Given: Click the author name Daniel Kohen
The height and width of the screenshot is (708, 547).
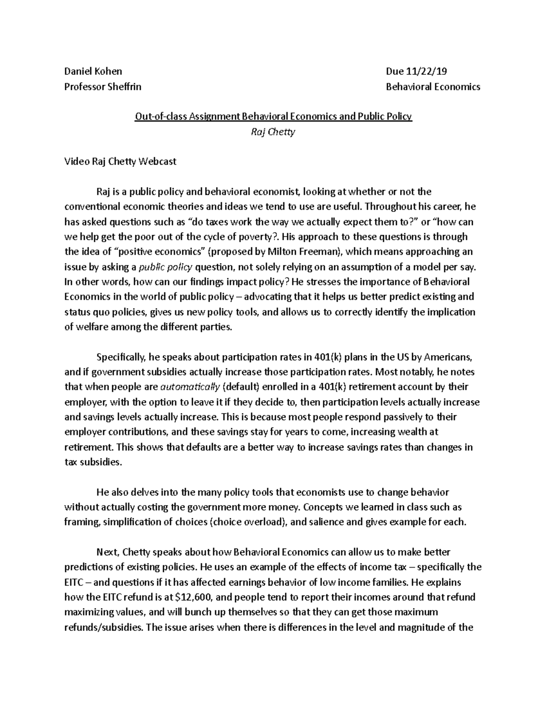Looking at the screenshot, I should point(93,71).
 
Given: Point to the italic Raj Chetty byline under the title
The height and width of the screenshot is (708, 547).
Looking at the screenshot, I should point(273,132).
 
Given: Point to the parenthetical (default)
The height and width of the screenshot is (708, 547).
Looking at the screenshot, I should point(241,387).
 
